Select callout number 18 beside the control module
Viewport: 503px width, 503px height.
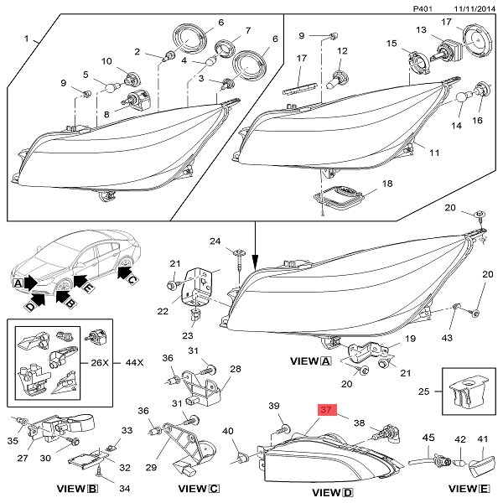click(x=386, y=183)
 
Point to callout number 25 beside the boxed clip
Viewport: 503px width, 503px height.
click(x=424, y=391)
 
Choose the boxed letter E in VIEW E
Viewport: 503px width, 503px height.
click(x=485, y=485)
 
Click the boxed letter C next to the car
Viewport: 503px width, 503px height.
click(x=132, y=276)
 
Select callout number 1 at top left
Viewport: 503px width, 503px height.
click(x=26, y=39)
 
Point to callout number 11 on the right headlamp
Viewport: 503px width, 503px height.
click(x=433, y=153)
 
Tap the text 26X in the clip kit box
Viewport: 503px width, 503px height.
click(x=100, y=363)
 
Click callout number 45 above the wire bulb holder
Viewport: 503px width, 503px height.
click(x=428, y=438)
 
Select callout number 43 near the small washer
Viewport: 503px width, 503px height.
click(x=447, y=337)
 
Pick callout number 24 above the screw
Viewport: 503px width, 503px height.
click(x=215, y=241)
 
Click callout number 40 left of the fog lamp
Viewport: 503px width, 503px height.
click(x=228, y=432)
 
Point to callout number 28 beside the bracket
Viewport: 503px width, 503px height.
click(x=235, y=370)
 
